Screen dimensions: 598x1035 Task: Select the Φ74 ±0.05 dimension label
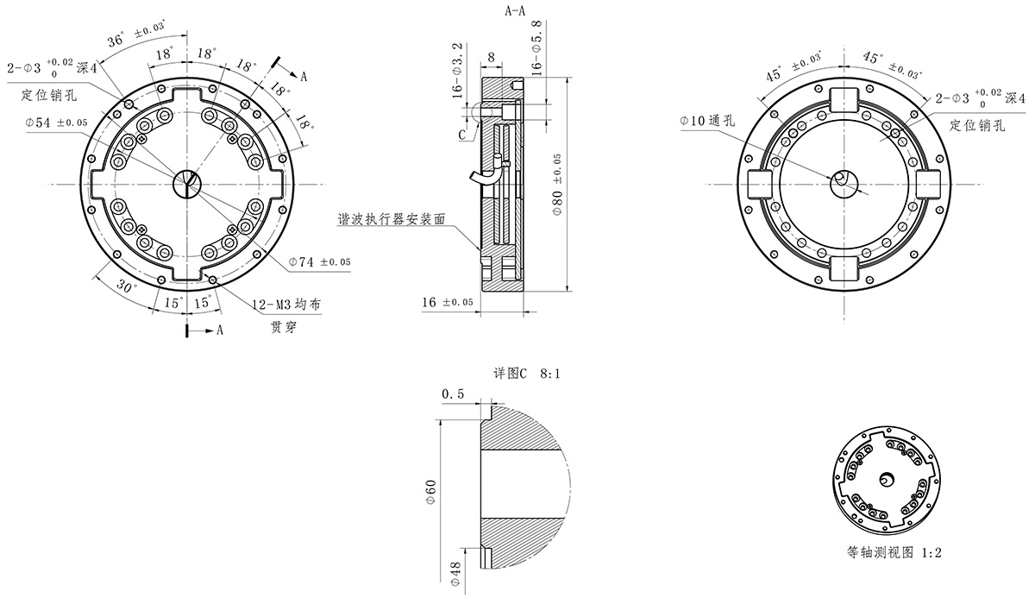[320, 261]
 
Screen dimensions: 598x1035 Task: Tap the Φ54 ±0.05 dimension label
[57, 123]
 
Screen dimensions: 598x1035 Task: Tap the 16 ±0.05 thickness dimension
[448, 302]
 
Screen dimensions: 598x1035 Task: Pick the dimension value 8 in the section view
[491, 57]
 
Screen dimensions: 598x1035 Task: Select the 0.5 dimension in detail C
[452, 393]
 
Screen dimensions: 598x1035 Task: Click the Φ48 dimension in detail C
[454, 574]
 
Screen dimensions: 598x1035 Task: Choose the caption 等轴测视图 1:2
[894, 552]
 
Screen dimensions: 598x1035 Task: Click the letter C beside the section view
[461, 135]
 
